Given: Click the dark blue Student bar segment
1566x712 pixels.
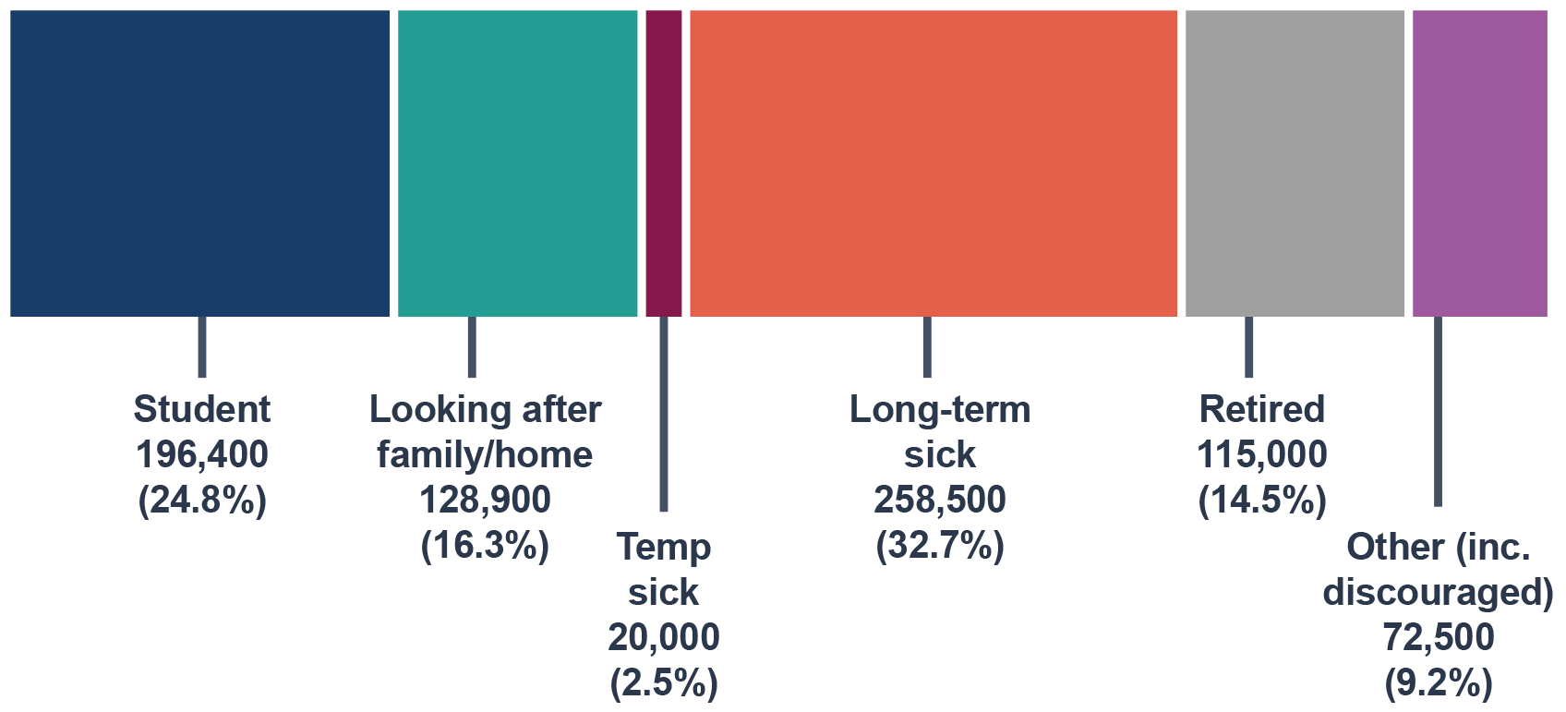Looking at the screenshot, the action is tap(200, 163).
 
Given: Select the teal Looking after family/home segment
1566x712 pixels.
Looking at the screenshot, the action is tap(517, 163).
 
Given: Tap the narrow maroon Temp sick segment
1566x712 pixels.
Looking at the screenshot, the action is tap(664, 163).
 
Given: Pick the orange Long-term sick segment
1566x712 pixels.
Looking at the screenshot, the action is tap(934, 163).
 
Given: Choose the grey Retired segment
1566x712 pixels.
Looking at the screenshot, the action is tap(1295, 163).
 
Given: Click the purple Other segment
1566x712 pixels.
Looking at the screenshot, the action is tap(1480, 163).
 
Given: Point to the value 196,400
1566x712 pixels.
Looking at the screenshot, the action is tap(202, 454).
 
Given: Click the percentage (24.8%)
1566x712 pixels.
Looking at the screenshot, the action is tap(202, 501).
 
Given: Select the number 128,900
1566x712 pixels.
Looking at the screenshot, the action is tap(485, 501).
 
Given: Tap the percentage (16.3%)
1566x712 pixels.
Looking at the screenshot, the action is tap(485, 547).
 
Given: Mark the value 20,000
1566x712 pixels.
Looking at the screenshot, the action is tap(664, 637).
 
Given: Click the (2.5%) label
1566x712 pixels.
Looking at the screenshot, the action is tap(664, 683).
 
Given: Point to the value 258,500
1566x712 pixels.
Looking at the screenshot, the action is tap(940, 501).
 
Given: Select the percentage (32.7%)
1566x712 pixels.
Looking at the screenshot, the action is tap(940, 547).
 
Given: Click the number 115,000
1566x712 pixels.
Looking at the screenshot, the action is tap(1262, 454).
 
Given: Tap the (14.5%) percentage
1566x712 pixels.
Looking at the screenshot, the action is tap(1262, 501).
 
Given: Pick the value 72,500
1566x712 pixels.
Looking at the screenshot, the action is tap(1438, 637).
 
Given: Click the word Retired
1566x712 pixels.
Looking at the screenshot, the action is tap(1262, 409).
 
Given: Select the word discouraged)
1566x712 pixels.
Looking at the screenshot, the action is tap(1438, 593).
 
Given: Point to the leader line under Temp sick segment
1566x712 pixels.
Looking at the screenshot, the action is tap(664, 414).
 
